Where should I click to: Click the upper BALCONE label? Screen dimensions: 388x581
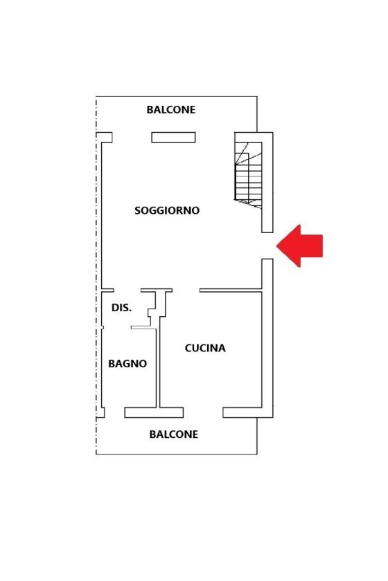(x=171, y=110)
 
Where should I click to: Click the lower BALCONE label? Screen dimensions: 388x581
(x=173, y=434)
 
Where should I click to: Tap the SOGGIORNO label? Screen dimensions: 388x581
(x=167, y=210)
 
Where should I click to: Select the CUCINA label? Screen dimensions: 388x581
(x=205, y=348)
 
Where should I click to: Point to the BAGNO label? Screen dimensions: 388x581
(x=127, y=364)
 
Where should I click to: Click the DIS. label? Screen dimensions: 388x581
(x=121, y=308)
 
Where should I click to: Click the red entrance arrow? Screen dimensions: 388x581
(x=299, y=246)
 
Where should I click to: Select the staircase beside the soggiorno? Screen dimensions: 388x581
(x=249, y=175)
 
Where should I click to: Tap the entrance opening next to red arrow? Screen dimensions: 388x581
(x=267, y=246)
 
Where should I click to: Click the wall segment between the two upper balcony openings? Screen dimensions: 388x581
(x=173, y=138)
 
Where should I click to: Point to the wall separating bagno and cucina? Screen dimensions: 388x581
(x=158, y=367)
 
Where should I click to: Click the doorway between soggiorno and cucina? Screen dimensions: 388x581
(x=186, y=290)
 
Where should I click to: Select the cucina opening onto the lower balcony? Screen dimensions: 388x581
(x=203, y=412)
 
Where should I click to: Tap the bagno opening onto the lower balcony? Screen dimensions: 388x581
(x=115, y=412)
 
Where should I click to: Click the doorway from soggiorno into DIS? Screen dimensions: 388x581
(x=127, y=290)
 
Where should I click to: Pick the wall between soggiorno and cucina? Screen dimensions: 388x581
(x=231, y=290)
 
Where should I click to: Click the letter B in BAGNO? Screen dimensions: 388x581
(x=112, y=364)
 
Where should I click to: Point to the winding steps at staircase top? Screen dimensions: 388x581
(x=248, y=153)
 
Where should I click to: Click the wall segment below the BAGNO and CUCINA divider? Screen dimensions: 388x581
(x=154, y=412)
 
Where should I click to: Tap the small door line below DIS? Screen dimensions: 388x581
(x=143, y=328)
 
